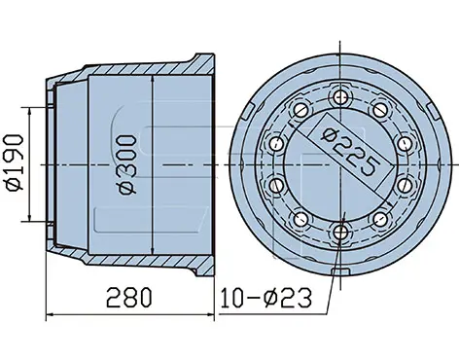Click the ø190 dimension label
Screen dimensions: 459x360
15,163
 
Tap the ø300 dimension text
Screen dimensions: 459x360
127,164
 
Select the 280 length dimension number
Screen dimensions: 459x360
129,297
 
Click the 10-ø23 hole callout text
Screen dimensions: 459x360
265,298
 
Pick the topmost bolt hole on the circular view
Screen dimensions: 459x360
339,96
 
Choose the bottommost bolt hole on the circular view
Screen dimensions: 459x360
339,231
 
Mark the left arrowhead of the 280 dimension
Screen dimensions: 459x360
50,314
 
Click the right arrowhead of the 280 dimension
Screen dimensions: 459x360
211,314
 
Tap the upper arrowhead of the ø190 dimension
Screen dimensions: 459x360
30,111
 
